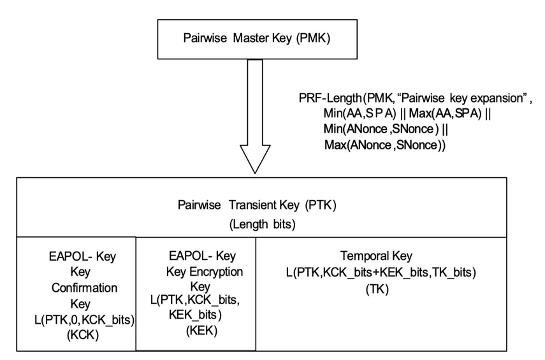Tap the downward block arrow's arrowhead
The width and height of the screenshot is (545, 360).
(255, 159)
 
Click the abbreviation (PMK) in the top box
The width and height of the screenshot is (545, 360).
(313, 38)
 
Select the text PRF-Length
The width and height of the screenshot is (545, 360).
(330, 98)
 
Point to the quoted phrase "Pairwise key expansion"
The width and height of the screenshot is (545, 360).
(462, 98)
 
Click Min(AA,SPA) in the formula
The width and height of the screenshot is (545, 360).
(360, 113)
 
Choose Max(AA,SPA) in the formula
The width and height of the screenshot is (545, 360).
(445, 113)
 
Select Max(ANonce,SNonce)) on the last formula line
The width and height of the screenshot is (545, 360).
(385, 145)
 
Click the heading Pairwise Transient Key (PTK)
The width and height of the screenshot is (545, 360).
(257, 205)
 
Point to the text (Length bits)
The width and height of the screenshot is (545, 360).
(263, 224)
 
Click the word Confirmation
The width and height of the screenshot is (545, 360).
(85, 288)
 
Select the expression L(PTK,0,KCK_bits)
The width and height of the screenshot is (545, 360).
(85, 320)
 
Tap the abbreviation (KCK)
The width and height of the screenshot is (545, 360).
(83, 335)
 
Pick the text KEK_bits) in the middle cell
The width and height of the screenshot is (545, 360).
(195, 315)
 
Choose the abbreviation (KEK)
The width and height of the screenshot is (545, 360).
(201, 331)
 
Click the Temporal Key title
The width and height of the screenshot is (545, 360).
(377, 256)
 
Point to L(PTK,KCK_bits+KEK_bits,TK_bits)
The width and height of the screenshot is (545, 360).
(381, 273)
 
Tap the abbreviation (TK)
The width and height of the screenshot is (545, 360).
(377, 289)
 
